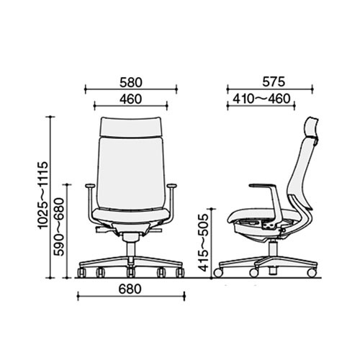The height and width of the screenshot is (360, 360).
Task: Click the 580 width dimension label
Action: click(131, 82)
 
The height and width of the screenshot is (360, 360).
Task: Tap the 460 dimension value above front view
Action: click(131, 99)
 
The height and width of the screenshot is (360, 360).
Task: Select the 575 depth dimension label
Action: click(274, 82)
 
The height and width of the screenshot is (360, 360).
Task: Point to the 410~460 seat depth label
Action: click(261, 99)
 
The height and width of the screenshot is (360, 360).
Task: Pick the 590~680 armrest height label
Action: click(59, 227)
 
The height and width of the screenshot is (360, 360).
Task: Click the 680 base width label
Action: click(130, 289)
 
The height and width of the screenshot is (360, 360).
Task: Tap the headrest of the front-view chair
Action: click(131, 127)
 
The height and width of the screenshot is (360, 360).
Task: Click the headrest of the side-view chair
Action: click(312, 128)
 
